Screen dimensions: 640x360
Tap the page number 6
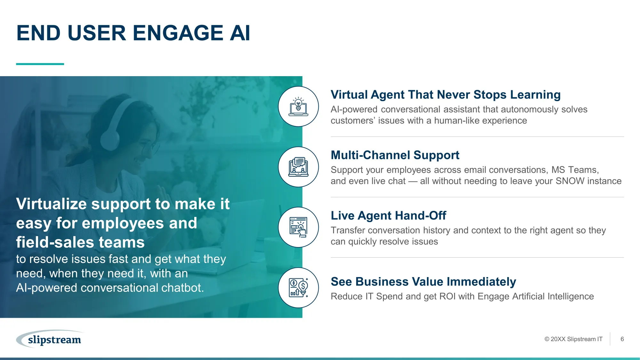tap(622, 339)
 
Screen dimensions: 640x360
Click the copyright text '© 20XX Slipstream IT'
tap(573, 339)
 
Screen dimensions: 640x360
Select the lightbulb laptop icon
tap(298, 107)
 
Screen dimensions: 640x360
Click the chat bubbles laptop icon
tap(298, 167)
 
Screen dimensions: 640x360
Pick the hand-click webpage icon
tap(298, 227)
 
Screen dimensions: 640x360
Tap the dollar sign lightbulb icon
tap(298, 288)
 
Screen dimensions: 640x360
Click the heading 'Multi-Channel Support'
tap(395, 155)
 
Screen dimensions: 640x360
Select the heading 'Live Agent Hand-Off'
tap(388, 216)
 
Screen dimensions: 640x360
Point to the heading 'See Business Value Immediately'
tap(423, 282)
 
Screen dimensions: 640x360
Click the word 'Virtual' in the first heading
tap(349, 95)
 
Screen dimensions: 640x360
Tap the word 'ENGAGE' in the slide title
tap(178, 33)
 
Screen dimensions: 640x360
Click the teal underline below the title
tap(40, 64)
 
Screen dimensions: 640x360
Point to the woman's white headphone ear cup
tap(110, 140)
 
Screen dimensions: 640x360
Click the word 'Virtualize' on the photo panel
tap(52, 204)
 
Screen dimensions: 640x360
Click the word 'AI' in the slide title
tap(240, 33)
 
